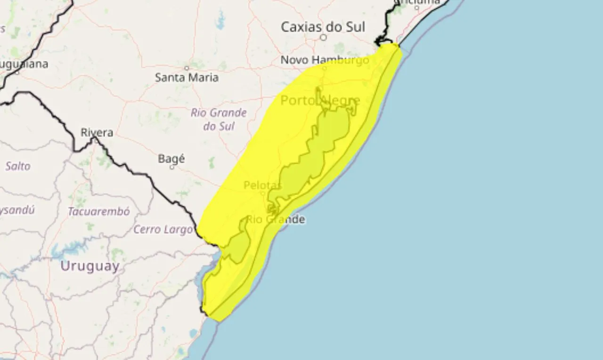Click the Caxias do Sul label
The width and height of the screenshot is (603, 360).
[x=323, y=27]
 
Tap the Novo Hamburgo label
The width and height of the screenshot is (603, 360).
[x=325, y=60]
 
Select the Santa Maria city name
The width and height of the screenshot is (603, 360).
[x=187, y=77]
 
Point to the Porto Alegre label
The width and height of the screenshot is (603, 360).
[x=320, y=100]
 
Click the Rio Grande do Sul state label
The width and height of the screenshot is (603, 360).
[x=219, y=119]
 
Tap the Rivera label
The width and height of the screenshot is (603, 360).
[x=97, y=132]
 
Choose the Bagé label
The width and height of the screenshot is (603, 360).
[x=171, y=159]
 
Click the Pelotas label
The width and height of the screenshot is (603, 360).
[x=262, y=185]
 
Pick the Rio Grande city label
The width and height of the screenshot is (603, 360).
[x=276, y=219]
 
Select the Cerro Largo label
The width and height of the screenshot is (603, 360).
[x=163, y=229]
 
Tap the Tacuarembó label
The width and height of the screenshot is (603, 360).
[x=98, y=212]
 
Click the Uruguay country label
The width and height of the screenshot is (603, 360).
[x=90, y=266]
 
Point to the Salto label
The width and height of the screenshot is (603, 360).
[x=18, y=166]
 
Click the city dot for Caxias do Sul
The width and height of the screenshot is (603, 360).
[x=323, y=37]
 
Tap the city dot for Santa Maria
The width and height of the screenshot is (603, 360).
[x=187, y=68]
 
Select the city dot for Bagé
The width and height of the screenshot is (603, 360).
[x=171, y=167]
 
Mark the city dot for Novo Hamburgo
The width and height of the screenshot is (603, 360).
[x=324, y=68]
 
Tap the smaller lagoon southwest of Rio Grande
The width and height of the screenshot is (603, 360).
[x=238, y=245]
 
